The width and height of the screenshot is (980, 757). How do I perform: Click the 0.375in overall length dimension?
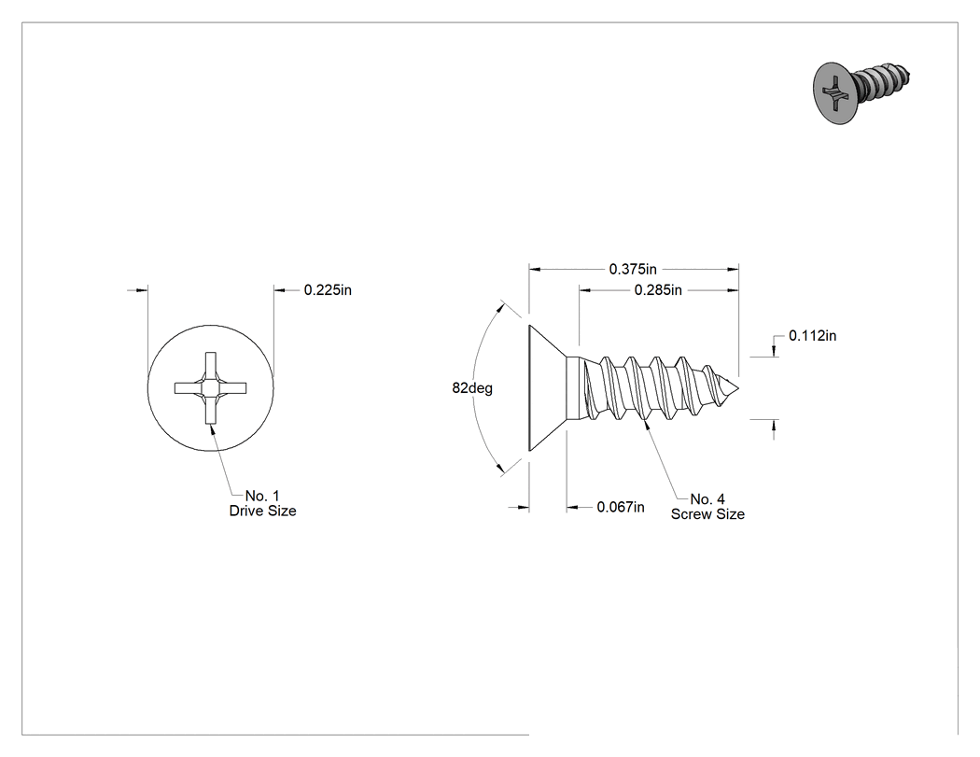tap(633, 270)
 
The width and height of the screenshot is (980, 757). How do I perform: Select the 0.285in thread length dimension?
tap(657, 290)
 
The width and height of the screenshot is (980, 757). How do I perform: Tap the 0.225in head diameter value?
tap(328, 290)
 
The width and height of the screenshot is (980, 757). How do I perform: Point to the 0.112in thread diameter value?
tap(813, 336)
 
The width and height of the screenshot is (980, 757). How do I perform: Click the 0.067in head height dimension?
tap(621, 507)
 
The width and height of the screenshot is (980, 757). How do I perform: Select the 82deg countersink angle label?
tap(472, 388)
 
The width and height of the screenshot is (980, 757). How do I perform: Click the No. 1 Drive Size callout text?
tap(262, 503)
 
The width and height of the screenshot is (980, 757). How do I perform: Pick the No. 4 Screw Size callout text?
tap(708, 507)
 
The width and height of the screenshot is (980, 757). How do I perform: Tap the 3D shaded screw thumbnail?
tap(861, 92)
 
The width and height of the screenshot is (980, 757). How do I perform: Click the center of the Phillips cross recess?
tap(211, 388)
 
